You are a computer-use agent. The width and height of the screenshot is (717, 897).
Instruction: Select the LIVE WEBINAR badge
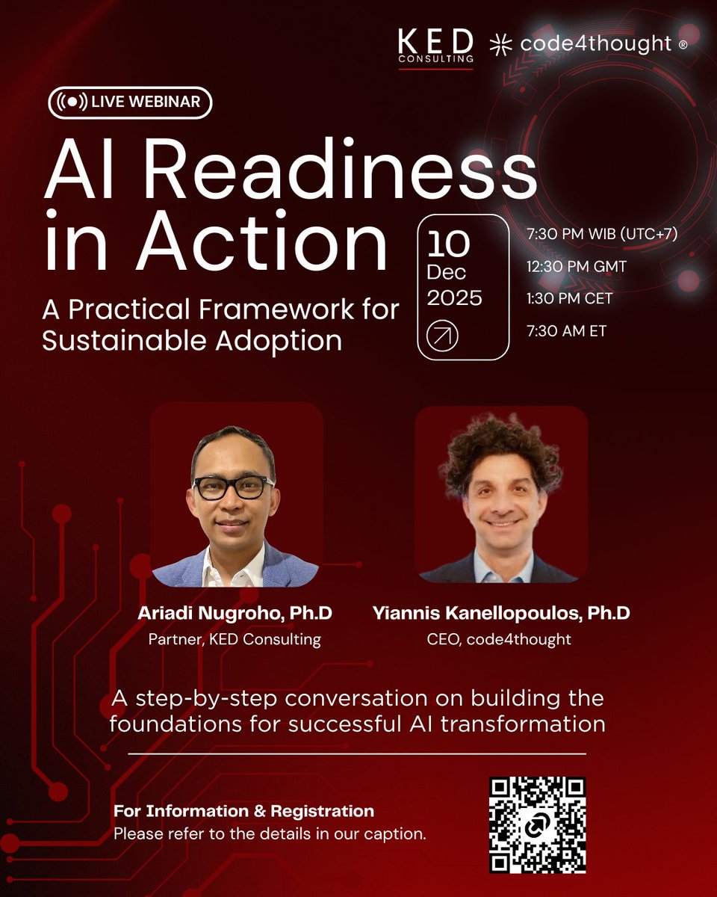(130, 102)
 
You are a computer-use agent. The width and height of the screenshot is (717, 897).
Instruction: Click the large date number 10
(448, 244)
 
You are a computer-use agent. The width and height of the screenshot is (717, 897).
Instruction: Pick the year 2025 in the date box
(454, 298)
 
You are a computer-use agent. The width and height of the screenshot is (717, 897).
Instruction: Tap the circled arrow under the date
(442, 336)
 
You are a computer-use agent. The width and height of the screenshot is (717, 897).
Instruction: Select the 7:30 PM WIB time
(602, 234)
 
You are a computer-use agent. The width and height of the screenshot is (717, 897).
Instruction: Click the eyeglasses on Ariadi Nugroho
(233, 487)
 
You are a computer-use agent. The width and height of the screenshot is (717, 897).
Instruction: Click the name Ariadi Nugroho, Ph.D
(235, 614)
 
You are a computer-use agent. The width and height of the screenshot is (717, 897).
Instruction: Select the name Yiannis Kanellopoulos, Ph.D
(501, 614)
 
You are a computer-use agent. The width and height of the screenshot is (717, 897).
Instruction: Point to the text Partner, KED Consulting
(235, 640)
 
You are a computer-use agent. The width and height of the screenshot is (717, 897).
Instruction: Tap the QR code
(537, 825)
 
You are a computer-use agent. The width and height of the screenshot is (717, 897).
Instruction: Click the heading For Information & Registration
(243, 811)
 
